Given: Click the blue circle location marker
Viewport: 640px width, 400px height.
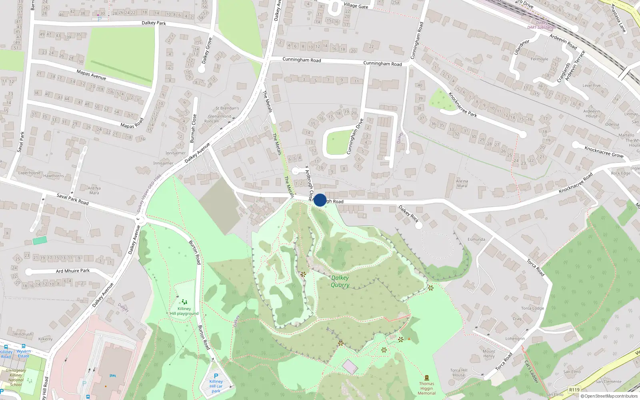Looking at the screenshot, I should point(320,200).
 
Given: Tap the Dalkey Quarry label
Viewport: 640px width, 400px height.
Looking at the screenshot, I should point(340,281).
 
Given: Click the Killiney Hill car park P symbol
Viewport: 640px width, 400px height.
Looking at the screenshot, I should point(216,376).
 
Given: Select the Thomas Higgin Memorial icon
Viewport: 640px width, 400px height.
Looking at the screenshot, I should point(426,378).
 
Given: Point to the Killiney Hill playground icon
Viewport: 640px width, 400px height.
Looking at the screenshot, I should point(184,302).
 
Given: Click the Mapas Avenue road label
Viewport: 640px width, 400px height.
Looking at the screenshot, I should point(91,75).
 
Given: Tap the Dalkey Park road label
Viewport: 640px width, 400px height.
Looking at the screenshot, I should point(154,23).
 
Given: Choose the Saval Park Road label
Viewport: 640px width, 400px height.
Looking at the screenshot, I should point(72,199).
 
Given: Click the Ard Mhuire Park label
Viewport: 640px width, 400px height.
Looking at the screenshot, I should point(73,271).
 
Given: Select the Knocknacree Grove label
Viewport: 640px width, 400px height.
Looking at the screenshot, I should point(604,152).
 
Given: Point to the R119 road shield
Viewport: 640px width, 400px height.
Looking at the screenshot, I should point(574,390).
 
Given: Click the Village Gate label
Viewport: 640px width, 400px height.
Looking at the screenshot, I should point(356,6).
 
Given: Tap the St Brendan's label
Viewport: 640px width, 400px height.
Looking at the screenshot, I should point(227,108).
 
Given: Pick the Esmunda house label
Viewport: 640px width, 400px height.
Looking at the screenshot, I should point(476,240).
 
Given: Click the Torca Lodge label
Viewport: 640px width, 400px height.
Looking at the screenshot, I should point(532,308).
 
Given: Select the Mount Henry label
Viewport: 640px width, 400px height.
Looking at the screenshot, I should point(489,354).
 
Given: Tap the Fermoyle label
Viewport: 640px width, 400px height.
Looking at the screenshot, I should point(539,59).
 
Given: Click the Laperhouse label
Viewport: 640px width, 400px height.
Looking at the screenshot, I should point(29,173).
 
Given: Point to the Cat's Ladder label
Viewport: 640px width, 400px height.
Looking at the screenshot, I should point(532,372).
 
